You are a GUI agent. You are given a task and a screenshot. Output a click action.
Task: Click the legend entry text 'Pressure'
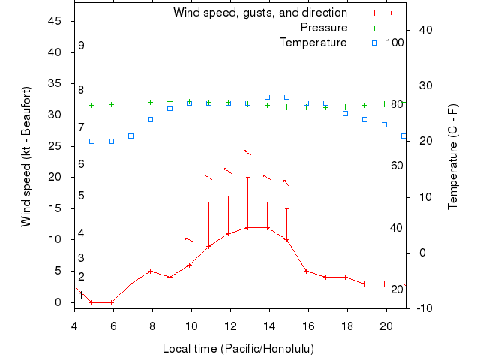(x=324, y=28)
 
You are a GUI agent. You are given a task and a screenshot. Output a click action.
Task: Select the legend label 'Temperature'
(x=313, y=43)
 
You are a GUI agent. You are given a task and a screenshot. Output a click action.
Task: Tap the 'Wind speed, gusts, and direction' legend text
(x=260, y=13)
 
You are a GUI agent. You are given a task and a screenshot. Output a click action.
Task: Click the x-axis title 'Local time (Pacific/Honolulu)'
(x=238, y=349)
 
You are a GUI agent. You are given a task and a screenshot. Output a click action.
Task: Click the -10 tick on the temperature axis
(x=423, y=308)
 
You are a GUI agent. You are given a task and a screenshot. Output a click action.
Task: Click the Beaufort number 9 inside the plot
(x=81, y=46)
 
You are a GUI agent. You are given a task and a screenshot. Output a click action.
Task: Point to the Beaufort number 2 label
(x=81, y=277)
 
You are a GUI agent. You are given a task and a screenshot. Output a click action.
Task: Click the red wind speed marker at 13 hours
(x=247, y=227)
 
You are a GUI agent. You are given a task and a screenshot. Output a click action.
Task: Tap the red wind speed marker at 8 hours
(x=151, y=271)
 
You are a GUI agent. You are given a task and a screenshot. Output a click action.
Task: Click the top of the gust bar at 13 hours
(x=247, y=177)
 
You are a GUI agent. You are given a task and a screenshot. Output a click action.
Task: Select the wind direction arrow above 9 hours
(x=189, y=240)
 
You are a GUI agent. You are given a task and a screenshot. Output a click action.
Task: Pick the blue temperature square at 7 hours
(x=131, y=136)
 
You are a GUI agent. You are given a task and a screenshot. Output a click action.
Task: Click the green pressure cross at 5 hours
(x=92, y=105)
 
